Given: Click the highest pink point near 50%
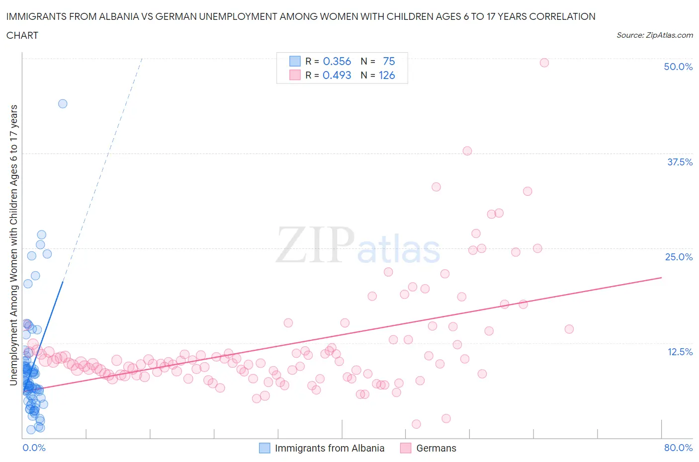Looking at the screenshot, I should coord(544,63).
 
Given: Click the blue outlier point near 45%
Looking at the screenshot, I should coord(63,104).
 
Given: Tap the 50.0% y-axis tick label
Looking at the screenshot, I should coord(678,67).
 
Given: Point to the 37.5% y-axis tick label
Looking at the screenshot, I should coord(679,162).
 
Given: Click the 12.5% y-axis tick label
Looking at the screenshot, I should coord(679,352).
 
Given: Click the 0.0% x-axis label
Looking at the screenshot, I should coord(34,448).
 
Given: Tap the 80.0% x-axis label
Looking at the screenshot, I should coord(678,448).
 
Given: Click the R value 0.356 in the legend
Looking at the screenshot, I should coord(337,61).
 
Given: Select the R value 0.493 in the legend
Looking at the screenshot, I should coord(337,75).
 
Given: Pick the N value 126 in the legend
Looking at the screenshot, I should coord(387,75).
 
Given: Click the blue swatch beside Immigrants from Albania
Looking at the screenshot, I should coord(264,448).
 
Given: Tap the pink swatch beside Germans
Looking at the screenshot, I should coord(406,448).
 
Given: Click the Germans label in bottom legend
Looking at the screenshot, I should coord(436,448).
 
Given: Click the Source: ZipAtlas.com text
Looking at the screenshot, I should coord(654,35).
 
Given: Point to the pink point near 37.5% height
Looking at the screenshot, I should coord(467,151).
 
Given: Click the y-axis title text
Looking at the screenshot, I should coord(14,245).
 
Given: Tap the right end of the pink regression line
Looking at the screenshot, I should coord(661,278).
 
